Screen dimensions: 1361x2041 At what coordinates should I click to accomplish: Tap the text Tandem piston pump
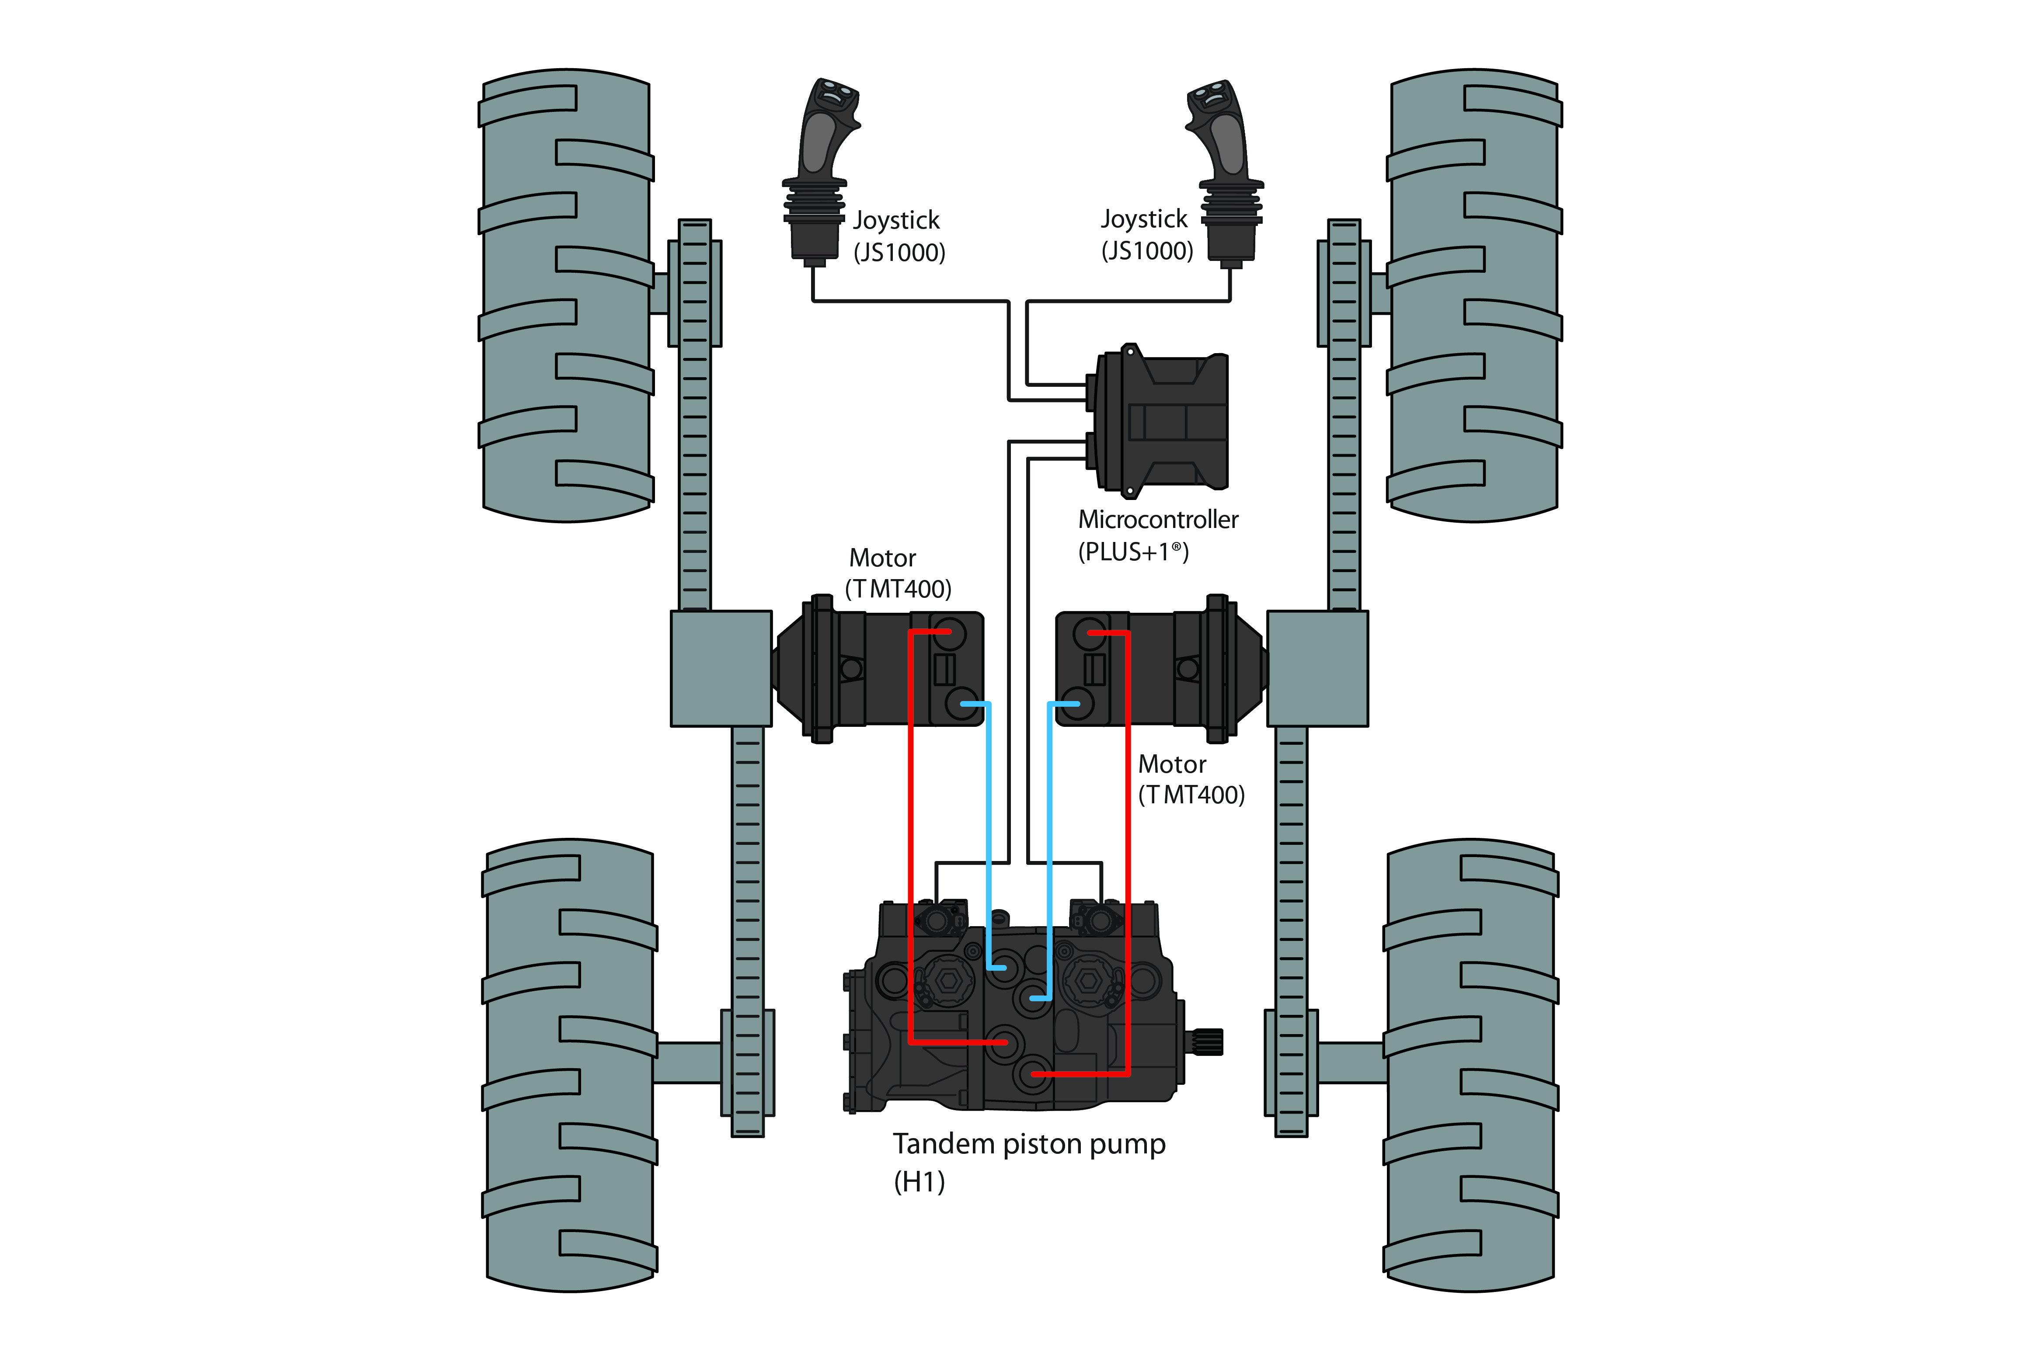[1029, 1144]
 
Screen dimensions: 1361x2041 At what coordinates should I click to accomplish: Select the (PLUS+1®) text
[1133, 552]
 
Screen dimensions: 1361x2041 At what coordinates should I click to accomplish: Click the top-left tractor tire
[566, 295]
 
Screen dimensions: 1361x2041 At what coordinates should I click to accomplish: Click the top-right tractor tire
[1474, 295]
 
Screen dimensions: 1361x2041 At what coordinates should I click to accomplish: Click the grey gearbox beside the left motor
[721, 668]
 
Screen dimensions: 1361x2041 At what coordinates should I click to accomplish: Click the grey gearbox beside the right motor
[1317, 668]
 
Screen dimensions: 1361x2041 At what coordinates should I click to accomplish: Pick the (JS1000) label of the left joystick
[899, 253]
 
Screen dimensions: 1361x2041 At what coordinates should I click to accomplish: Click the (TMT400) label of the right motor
[1191, 795]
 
